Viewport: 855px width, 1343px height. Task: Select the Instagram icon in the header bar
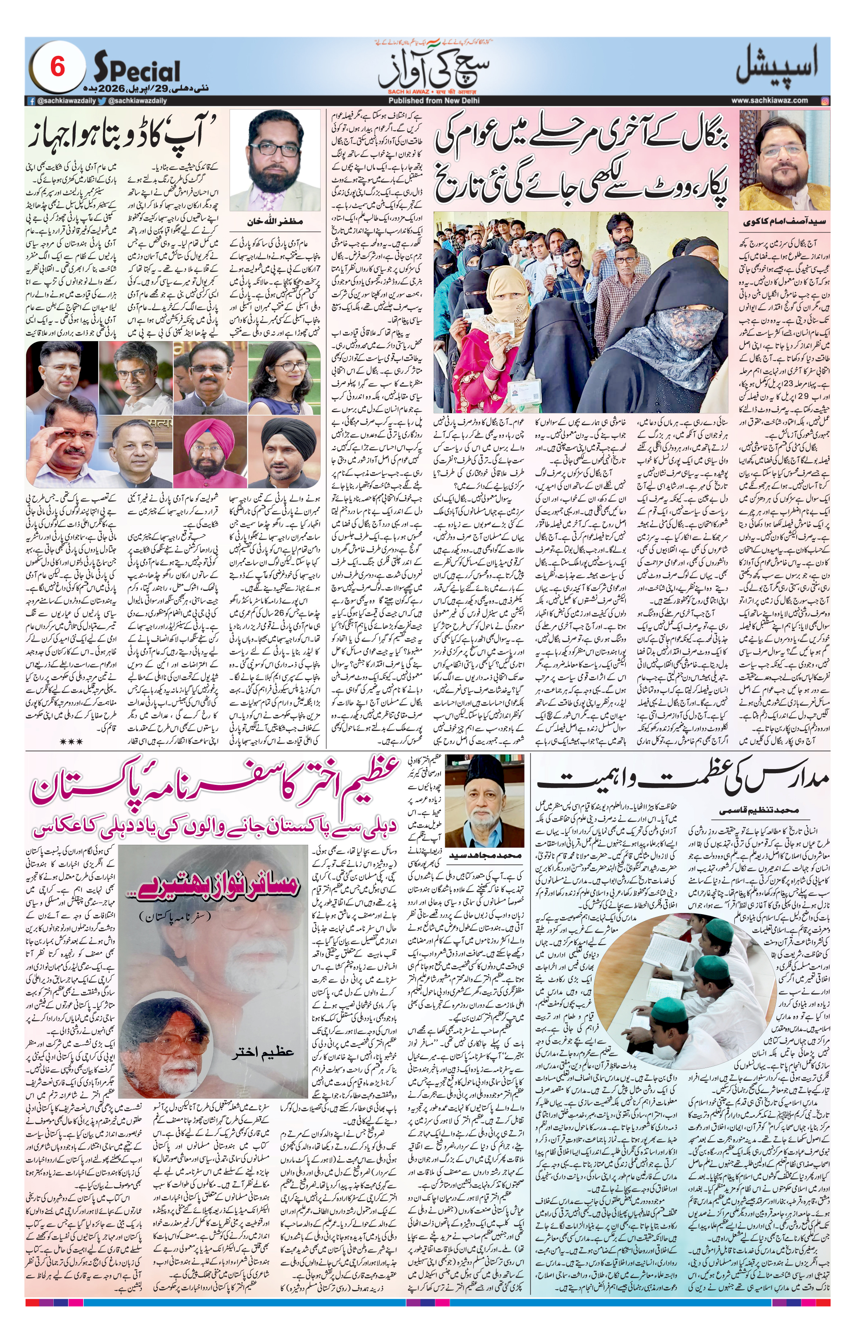tap(825, 101)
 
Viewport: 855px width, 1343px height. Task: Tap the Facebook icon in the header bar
tap(32, 101)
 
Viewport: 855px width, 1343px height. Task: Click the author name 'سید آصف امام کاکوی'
tap(783, 222)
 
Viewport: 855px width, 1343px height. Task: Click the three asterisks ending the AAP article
tap(72, 741)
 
